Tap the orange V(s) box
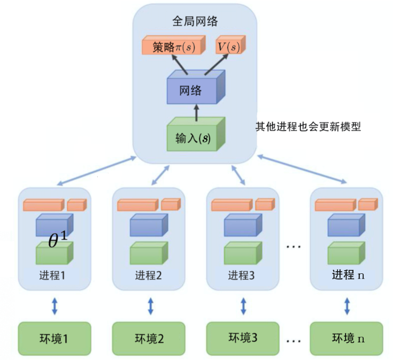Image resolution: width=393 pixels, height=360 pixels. click(x=229, y=47)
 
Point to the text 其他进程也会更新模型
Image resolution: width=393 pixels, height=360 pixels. click(x=309, y=127)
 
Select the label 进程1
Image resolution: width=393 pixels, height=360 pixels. click(x=52, y=276)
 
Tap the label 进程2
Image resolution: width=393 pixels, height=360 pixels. click(x=148, y=276)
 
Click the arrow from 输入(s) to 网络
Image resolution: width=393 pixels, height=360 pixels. click(x=196, y=113)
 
